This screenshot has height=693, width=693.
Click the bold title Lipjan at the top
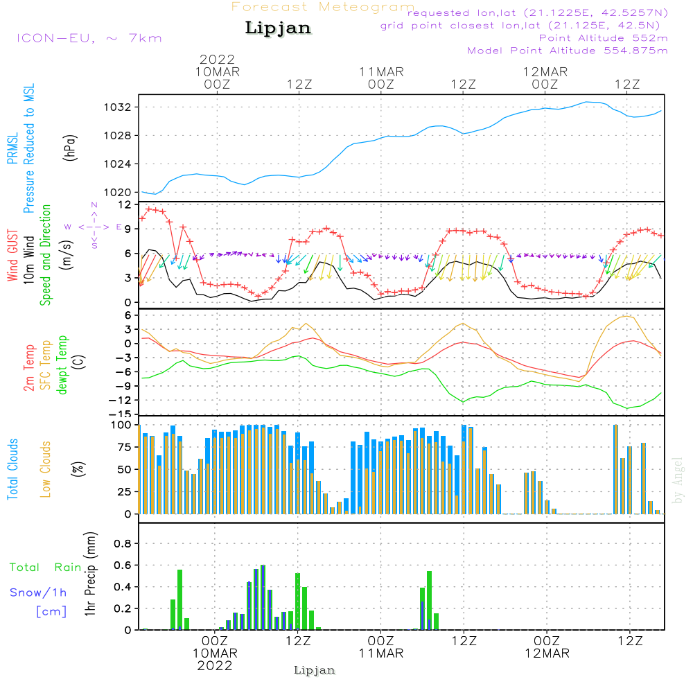pyautogui.click(x=278, y=28)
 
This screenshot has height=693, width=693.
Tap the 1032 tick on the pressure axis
pyautogui.click(x=118, y=107)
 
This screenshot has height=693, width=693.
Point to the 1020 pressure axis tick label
pyautogui.click(x=118, y=193)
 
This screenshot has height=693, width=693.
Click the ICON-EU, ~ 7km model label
pyautogui.click(x=89, y=38)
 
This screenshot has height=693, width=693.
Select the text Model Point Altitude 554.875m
pyautogui.click(x=568, y=51)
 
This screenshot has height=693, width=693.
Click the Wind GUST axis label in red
pyautogui.click(x=12, y=255)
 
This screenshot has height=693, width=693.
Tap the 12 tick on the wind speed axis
pyautogui.click(x=125, y=205)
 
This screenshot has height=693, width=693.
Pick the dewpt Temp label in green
pyautogui.click(x=62, y=365)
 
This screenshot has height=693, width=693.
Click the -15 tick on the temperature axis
pyautogui.click(x=120, y=414)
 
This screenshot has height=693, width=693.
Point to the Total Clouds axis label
pyautogui.click(x=12, y=469)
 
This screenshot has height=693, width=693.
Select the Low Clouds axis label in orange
pyautogui.click(x=45, y=469)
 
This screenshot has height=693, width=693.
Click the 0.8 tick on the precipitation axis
pyautogui.click(x=123, y=543)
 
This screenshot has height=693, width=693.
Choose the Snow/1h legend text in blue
pyautogui.click(x=38, y=593)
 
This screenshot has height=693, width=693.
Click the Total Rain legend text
pyautogui.click(x=46, y=568)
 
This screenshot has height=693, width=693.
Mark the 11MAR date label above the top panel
pyautogui.click(x=381, y=72)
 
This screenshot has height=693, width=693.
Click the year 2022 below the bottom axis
pyautogui.click(x=215, y=666)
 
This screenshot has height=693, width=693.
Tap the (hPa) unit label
pyautogui.click(x=70, y=148)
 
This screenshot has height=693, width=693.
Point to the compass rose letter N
pyautogui.click(x=94, y=205)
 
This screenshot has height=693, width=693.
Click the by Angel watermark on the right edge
pyautogui.click(x=678, y=480)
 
